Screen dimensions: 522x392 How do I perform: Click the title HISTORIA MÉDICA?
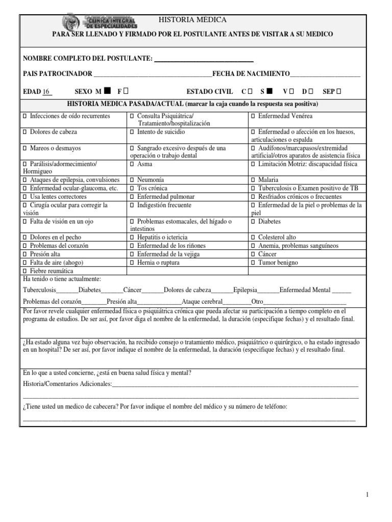(x=192, y=20)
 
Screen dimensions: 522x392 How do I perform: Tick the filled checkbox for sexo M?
(x=107, y=92)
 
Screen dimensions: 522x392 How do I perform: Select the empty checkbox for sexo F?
(x=126, y=92)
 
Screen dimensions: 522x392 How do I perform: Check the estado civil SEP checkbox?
(x=339, y=92)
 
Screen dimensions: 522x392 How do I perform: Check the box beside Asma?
(x=132, y=165)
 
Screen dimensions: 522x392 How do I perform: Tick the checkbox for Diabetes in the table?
(x=254, y=222)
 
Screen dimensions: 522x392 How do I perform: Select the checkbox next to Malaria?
(x=254, y=180)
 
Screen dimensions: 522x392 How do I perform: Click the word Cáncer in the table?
(x=267, y=254)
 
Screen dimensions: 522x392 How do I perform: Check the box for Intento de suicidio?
(x=132, y=132)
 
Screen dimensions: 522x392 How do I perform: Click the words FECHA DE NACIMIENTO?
(x=251, y=74)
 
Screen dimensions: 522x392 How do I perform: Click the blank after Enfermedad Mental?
(x=341, y=290)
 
